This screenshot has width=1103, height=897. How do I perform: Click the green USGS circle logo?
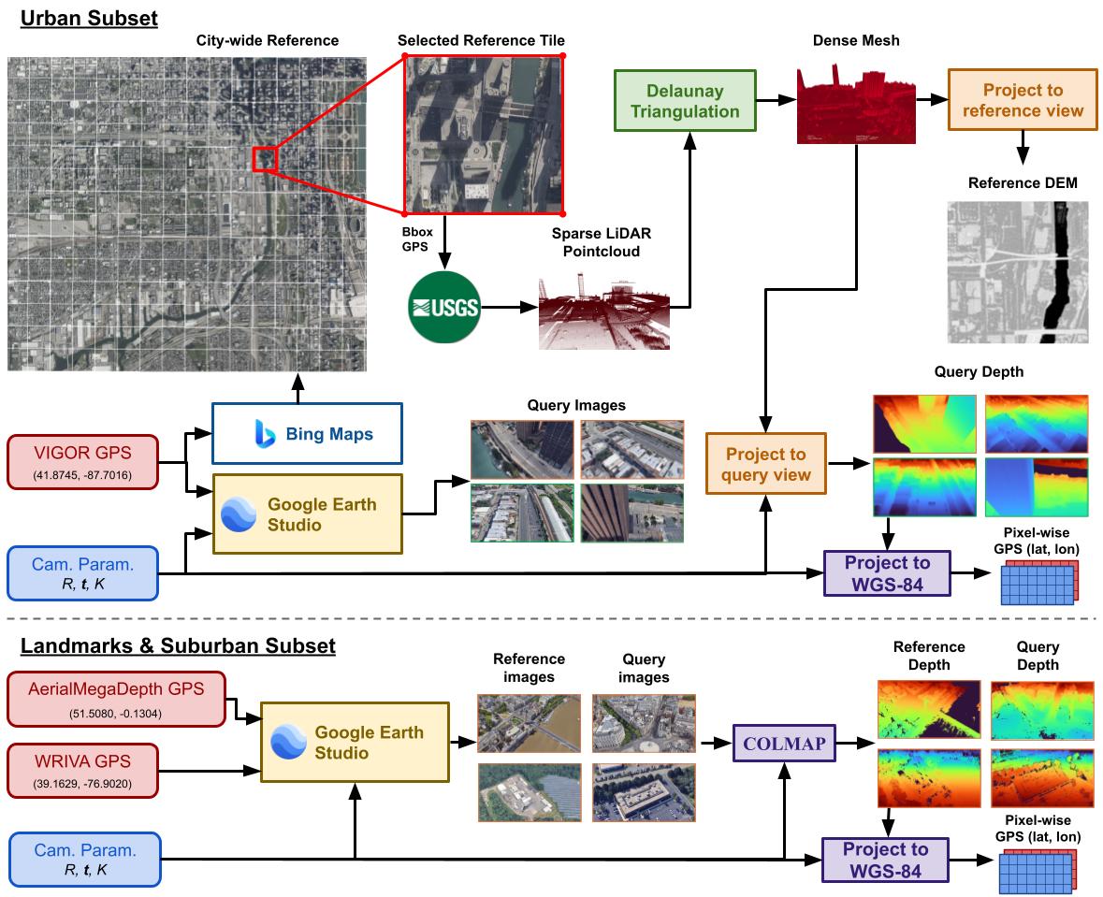443,308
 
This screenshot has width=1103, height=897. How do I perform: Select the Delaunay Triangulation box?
685,101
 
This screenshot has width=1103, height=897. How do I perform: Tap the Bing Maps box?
308,433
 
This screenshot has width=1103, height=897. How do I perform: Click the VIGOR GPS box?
83,461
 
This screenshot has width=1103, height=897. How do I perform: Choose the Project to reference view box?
1023,99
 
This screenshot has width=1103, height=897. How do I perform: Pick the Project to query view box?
766,464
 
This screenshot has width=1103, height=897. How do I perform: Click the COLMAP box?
784,743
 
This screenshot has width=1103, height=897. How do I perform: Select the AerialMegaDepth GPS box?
117,699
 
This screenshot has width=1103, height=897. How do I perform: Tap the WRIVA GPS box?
83,771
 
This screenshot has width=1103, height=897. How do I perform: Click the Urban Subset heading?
89,19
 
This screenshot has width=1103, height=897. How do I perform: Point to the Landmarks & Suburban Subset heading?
178,645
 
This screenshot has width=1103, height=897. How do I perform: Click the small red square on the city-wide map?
265,159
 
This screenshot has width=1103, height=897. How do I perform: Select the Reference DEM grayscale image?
1017,272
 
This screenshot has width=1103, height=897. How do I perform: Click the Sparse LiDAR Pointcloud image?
604,311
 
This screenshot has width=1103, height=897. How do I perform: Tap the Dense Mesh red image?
856,105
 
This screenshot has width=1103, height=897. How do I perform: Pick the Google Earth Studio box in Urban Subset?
308,514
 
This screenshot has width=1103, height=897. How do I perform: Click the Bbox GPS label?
416,239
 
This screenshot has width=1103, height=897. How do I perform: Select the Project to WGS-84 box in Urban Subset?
887,573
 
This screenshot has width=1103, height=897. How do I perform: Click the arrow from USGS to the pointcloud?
509,308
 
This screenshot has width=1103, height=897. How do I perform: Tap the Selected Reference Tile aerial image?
484,134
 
